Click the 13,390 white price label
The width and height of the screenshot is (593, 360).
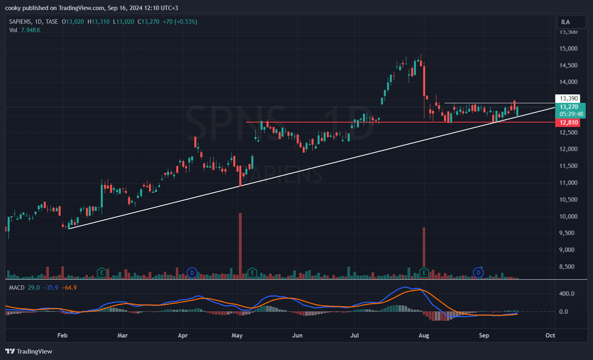(569, 98)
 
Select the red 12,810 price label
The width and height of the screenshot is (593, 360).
(569, 123)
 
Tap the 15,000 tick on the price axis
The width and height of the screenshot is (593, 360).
(569, 49)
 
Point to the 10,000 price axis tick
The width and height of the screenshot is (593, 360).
(569, 216)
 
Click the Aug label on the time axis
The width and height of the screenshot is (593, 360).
(424, 335)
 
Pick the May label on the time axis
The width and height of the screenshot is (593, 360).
(237, 335)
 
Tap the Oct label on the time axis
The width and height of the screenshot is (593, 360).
(550, 335)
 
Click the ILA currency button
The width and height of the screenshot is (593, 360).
(565, 22)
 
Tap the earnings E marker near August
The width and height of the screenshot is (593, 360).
(424, 273)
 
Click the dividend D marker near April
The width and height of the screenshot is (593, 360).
(192, 273)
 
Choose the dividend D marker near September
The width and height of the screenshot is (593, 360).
(478, 273)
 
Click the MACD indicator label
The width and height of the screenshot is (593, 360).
(17, 288)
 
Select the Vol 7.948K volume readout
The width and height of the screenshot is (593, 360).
(24, 30)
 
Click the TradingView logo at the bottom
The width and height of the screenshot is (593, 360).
(29, 351)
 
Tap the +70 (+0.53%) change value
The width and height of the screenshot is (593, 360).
(179, 22)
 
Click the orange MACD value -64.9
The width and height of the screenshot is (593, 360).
(69, 288)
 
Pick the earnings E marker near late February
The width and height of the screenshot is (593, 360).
(102, 273)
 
